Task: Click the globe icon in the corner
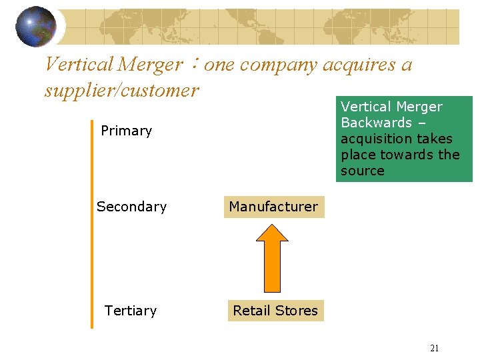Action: (x=35, y=26)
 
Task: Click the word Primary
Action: (x=126, y=131)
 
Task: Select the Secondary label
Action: (x=131, y=207)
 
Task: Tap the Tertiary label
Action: (x=131, y=311)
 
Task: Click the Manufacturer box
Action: (x=273, y=207)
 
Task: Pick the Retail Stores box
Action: (x=275, y=311)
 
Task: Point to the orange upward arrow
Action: (x=272, y=257)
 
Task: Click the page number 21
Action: (x=434, y=348)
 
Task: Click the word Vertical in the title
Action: (x=79, y=65)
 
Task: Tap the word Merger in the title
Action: (x=150, y=65)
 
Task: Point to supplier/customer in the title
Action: (x=121, y=89)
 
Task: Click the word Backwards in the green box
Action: (x=376, y=123)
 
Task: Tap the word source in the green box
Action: (x=362, y=171)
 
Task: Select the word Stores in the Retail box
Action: (x=298, y=311)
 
